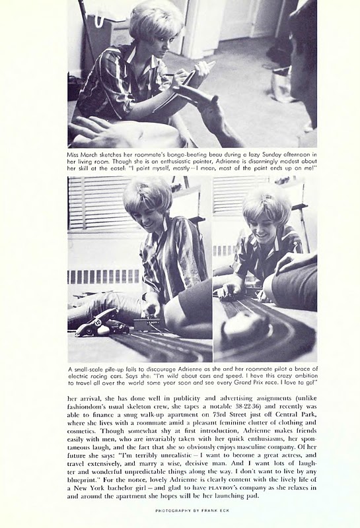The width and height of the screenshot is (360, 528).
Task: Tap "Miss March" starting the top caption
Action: pyautogui.click(x=83, y=152)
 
